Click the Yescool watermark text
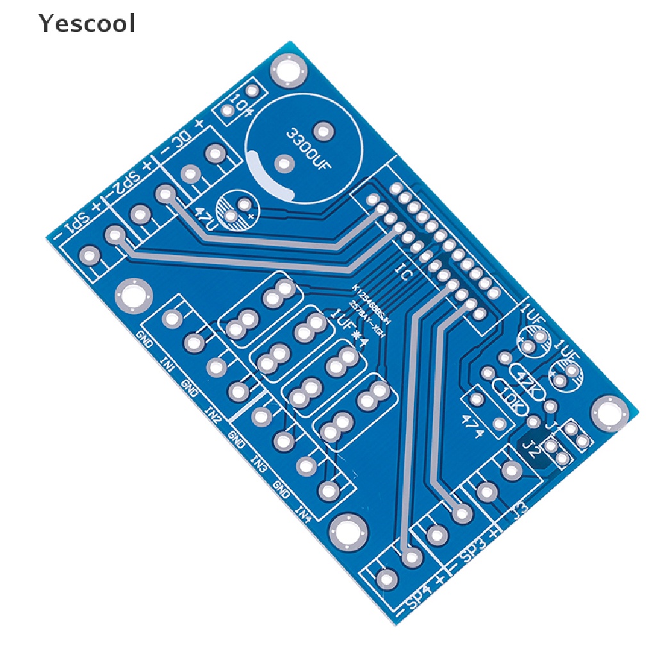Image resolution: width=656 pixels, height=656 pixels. click(x=86, y=24)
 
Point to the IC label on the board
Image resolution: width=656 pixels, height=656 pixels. click(x=405, y=273)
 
